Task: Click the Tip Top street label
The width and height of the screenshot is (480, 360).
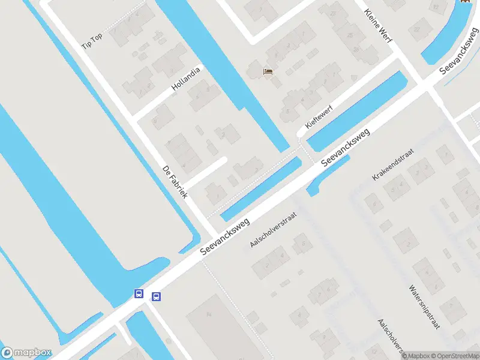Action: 92,41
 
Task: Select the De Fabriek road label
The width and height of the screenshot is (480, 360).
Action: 176,182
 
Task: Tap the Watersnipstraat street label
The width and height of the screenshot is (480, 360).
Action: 425,307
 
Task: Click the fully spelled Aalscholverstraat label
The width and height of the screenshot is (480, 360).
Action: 274,229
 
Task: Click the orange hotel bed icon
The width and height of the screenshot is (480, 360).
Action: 268,71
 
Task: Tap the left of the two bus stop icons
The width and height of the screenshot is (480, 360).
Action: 139,293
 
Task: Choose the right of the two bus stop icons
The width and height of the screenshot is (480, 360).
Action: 156,296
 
